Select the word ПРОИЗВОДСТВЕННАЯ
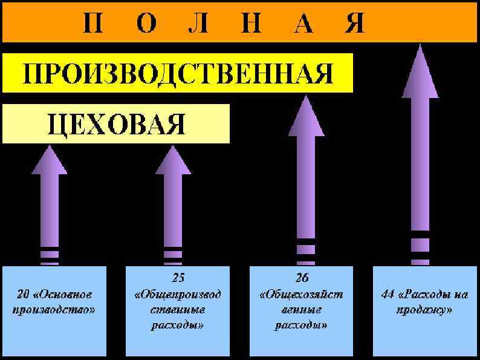tap(178, 74)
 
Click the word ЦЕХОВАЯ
tap(116, 124)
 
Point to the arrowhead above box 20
tap(50, 160)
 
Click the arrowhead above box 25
tap(173, 160)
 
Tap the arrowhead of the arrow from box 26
tap(306, 115)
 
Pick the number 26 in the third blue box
tap(302, 278)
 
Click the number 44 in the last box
tap(389, 295)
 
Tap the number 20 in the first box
tap(24, 295)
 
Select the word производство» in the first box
tap(55, 310)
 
